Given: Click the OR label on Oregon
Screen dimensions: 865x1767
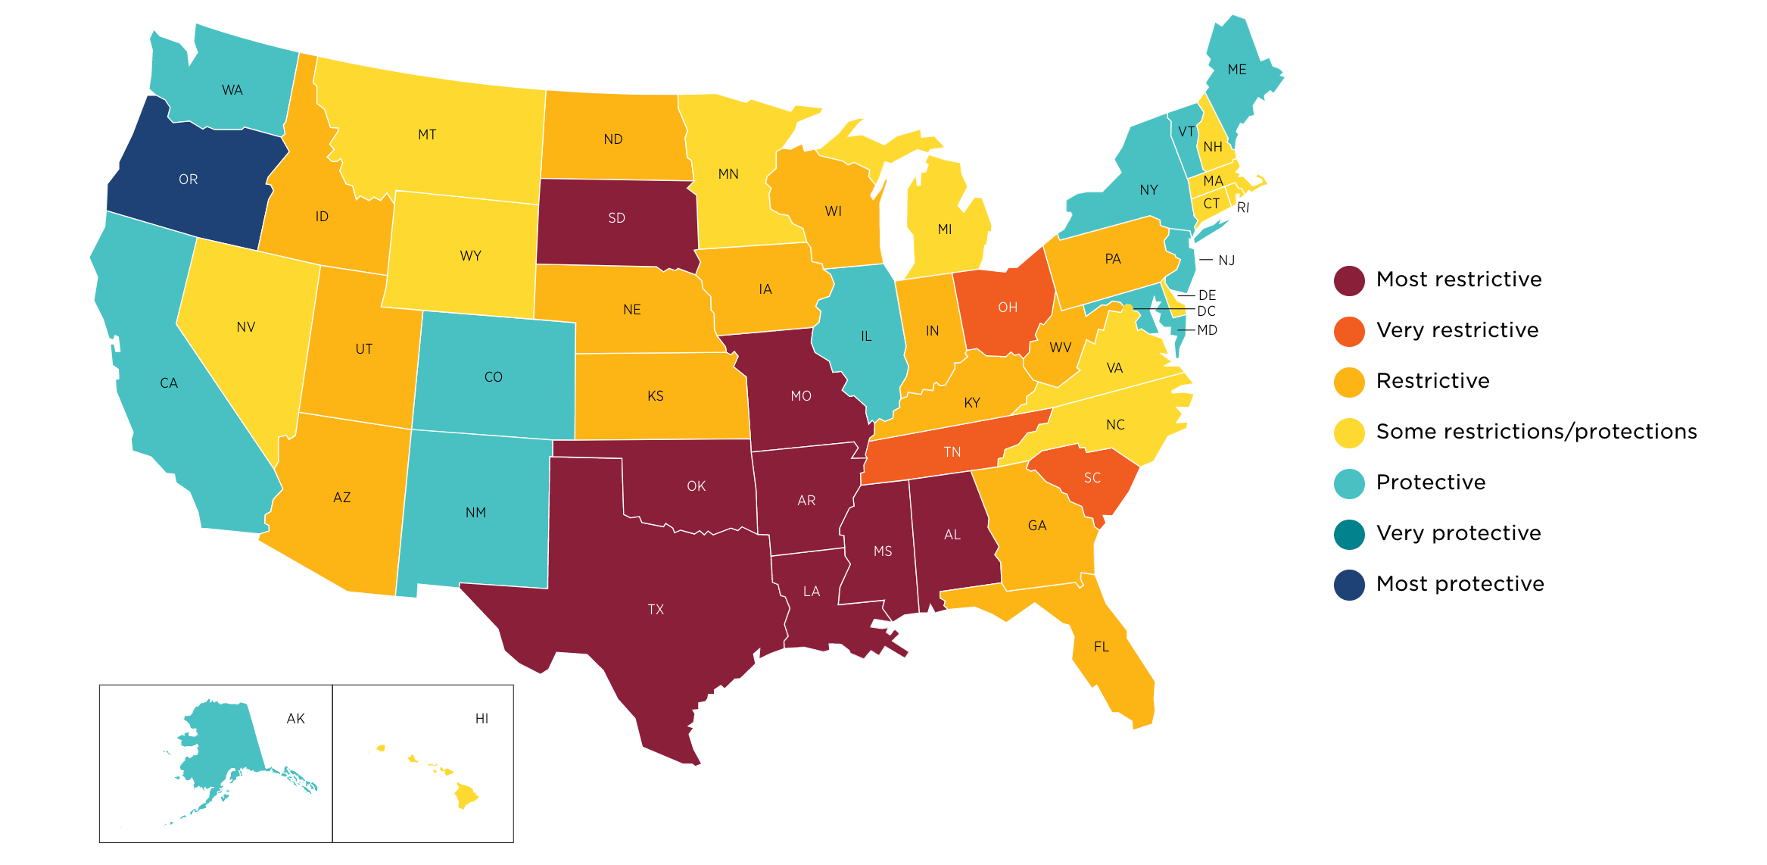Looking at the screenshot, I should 188,180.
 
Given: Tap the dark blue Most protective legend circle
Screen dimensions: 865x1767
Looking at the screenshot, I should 1349,585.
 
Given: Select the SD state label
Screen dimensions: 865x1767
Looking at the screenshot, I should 616,218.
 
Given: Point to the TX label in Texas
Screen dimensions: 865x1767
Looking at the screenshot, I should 656,610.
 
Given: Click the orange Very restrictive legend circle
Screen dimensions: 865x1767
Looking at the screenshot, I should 1349,331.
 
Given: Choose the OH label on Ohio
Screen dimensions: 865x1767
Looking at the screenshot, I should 1007,308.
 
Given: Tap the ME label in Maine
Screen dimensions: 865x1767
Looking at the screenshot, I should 1236,70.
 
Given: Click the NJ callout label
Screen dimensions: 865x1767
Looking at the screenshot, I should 1226,261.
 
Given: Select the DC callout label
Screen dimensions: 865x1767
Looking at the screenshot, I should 1206,311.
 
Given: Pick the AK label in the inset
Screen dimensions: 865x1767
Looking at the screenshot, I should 295,719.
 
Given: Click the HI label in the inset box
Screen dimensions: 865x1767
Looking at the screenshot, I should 481,719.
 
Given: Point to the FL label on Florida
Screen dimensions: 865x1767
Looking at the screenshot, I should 1101,647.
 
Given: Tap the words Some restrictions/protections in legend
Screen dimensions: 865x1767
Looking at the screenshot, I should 1536,432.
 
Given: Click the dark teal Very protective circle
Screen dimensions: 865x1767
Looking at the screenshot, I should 1349,534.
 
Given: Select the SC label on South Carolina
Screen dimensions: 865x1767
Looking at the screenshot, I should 1092,478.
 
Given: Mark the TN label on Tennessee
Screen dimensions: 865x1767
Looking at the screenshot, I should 952,452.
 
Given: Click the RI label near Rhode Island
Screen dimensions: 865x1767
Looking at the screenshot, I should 1242,208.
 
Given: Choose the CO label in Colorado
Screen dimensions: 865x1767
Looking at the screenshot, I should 493,377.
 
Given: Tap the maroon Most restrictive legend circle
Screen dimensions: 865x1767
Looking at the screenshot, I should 1349,280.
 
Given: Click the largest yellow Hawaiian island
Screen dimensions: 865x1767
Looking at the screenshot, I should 465,795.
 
